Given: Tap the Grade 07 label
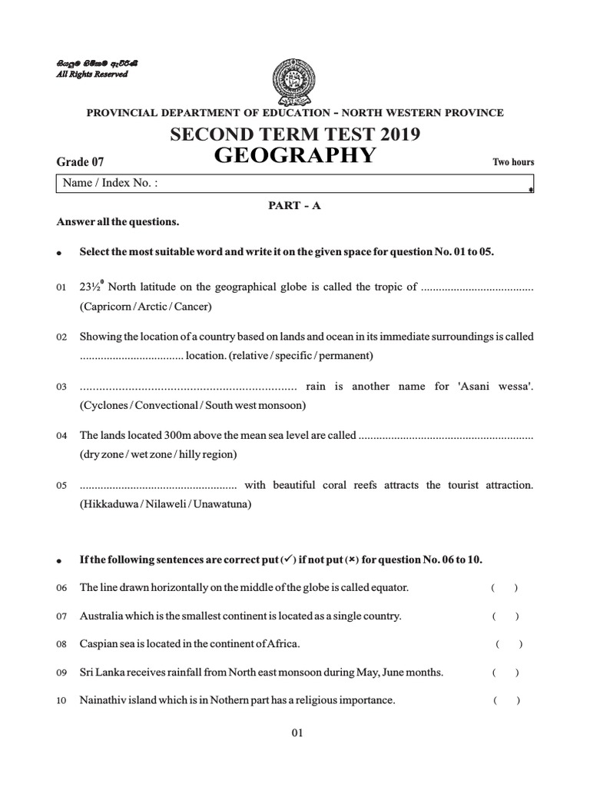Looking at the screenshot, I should pos(80,161).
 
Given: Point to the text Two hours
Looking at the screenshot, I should pos(512,162).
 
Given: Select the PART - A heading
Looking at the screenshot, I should pos(295,207).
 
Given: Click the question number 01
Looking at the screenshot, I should pos(61,287).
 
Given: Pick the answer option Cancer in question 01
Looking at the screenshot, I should pos(192,307).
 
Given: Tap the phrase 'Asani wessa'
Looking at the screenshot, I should pos(499,387).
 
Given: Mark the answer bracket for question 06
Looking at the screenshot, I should pos(504,588).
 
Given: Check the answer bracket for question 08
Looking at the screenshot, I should pos(509,644).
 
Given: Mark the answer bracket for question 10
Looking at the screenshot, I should pos(507,700).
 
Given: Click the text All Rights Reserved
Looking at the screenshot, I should pos(95,75).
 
